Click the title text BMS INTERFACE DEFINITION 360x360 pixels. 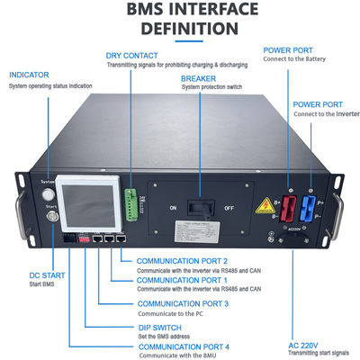pyautogui.click(x=180, y=20)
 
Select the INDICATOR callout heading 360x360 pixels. pyautogui.click(x=28, y=74)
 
